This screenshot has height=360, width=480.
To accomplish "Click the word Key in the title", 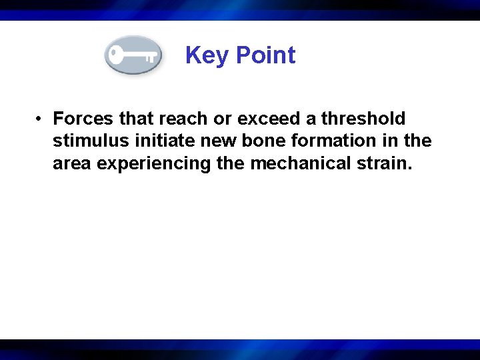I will click(x=206, y=55).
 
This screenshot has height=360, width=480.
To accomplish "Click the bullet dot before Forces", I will click(x=41, y=119).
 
